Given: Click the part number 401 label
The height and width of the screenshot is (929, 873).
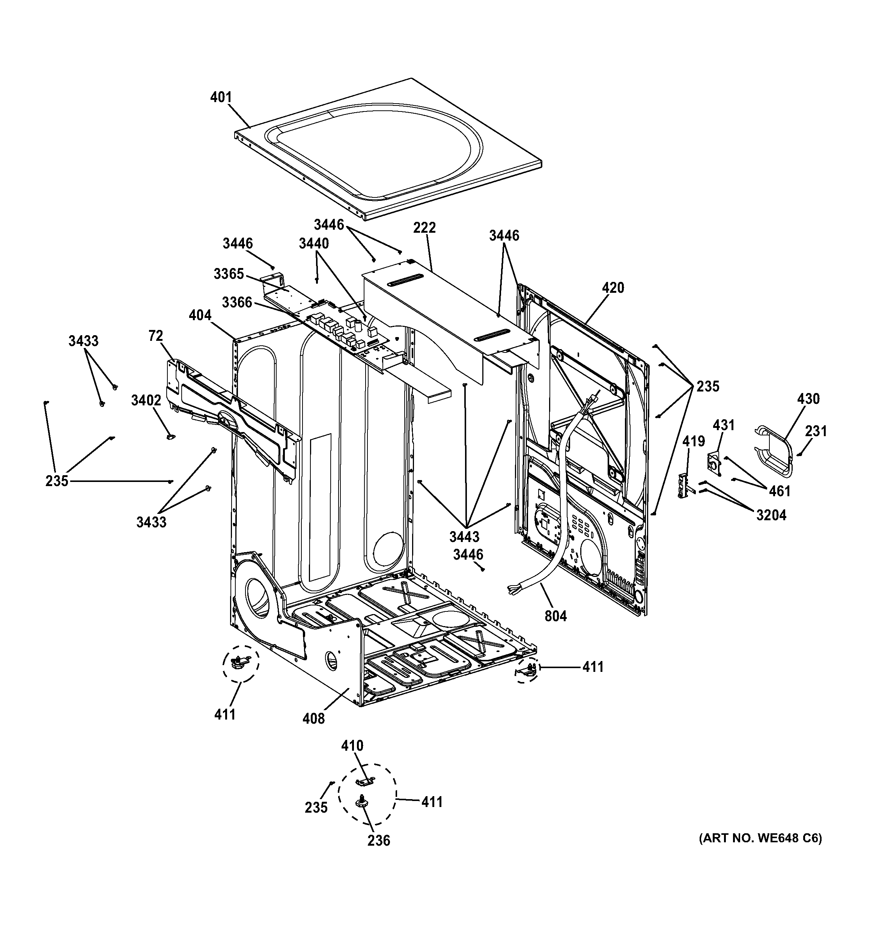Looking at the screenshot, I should (x=221, y=97).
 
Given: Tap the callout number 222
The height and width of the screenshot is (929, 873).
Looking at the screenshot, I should (x=424, y=227).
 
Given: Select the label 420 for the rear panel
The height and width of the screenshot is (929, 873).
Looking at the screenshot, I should (x=613, y=288).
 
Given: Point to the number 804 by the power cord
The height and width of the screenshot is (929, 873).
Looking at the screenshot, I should (x=555, y=616).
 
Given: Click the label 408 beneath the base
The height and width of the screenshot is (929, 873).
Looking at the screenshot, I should (x=313, y=719).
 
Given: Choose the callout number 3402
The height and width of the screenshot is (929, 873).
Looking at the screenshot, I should (x=146, y=401).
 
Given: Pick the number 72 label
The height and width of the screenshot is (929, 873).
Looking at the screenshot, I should (x=156, y=336).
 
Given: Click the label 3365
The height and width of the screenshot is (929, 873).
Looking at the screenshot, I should (x=229, y=274).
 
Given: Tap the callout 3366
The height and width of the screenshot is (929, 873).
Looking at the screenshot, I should (x=236, y=303).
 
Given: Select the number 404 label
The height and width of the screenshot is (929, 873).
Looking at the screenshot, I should (x=200, y=315).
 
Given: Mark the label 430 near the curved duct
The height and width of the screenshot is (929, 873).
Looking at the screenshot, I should (x=808, y=399).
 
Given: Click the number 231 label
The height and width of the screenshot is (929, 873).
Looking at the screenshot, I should (x=816, y=431).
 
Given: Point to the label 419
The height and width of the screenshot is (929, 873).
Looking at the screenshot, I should (x=694, y=441).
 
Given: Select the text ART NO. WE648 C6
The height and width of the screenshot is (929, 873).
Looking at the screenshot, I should (x=760, y=838).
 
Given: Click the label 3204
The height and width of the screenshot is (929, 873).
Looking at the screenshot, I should (x=771, y=515).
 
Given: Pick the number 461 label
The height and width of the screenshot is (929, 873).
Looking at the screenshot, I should (x=779, y=491).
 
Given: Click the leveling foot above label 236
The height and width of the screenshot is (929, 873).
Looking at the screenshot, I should (x=362, y=803).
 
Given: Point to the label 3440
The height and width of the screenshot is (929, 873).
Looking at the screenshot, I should (x=314, y=244).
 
